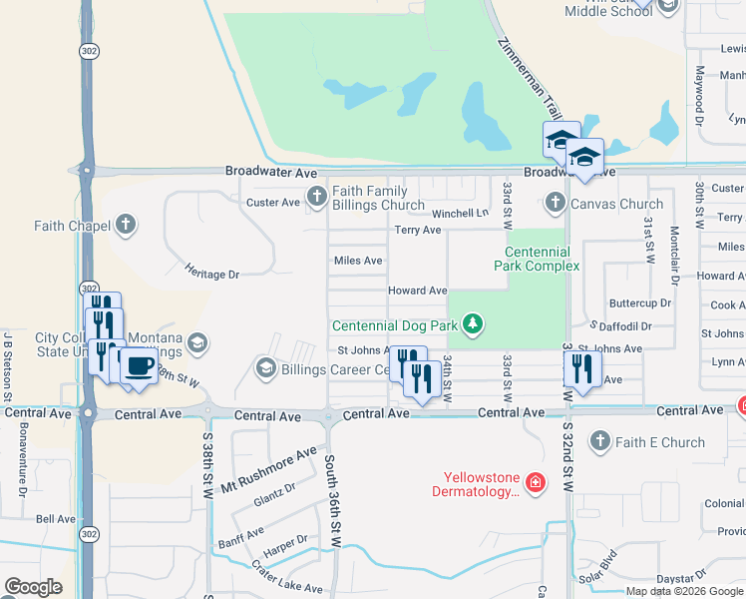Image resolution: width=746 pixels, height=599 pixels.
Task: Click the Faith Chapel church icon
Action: (x=125, y=224)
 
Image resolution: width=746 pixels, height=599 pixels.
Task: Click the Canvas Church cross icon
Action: (x=556, y=204)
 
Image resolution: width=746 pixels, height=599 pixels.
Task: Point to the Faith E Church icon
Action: (x=600, y=440)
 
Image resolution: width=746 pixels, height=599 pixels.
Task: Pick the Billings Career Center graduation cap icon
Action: (x=266, y=368)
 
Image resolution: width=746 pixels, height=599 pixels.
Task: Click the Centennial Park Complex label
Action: (x=537, y=260)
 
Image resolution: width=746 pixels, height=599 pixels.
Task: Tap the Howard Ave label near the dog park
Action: (x=417, y=291)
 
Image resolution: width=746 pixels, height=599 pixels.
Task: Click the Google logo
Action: (x=34, y=587)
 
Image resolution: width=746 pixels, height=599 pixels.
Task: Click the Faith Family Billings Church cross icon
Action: (x=318, y=194)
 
